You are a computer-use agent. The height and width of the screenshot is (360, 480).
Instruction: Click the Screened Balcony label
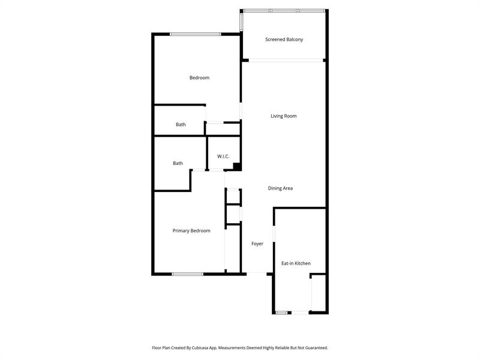[284, 40]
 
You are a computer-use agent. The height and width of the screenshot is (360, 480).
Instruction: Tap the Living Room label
[283, 116]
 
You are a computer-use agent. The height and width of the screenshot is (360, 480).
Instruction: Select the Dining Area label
[280, 188]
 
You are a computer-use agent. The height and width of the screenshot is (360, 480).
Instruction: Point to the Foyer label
[257, 244]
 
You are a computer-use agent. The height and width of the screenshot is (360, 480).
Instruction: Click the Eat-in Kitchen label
[296, 263]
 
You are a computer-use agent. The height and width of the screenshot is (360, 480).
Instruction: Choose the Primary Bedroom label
[191, 230]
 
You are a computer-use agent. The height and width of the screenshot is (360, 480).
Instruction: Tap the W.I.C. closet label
[223, 157]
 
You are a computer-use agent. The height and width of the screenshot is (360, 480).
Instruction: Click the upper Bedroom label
[199, 77]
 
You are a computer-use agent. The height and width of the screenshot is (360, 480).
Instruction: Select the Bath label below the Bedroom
[181, 125]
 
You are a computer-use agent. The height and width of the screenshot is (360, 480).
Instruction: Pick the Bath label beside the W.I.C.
[178, 163]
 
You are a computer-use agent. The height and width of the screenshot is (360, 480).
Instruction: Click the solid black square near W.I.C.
[237, 167]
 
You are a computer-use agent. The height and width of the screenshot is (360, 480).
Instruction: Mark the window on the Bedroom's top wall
[195, 34]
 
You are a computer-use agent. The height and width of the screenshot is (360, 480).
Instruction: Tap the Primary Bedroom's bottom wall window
[187, 274]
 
